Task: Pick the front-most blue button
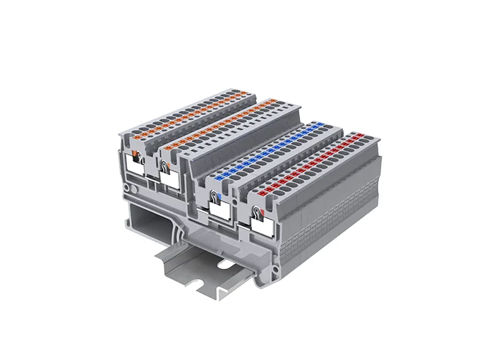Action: point(219,177)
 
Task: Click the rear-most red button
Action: point(357,135)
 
